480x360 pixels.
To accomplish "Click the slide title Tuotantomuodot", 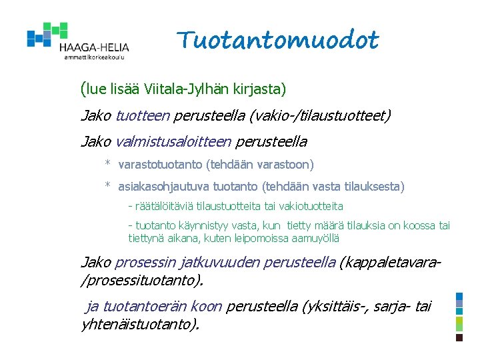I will (x=278, y=41).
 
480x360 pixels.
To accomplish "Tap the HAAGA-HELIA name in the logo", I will (x=94, y=47).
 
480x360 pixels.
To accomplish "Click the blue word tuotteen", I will (x=143, y=116).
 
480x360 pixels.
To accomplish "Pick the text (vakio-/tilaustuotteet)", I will (x=321, y=116).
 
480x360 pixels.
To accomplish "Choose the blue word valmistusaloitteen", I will (x=173, y=142).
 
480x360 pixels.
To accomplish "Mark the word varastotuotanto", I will (x=160, y=165).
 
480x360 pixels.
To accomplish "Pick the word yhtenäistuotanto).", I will (x=139, y=325).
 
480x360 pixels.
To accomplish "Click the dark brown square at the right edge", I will (x=459, y=338).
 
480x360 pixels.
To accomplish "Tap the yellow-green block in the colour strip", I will (x=459, y=323).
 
